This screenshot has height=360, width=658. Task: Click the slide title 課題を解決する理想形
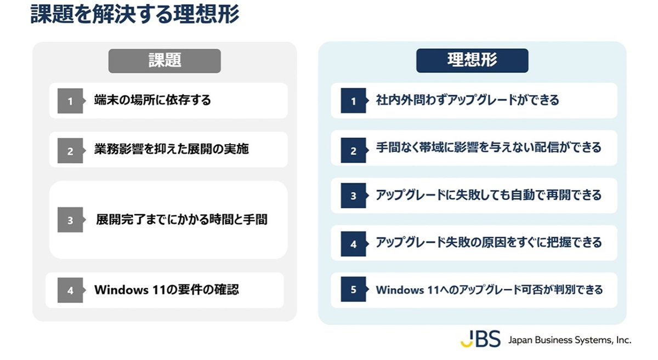[x=135, y=14]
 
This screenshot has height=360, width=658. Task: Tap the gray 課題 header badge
[x=164, y=61]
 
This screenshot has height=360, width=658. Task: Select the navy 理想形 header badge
[x=472, y=60]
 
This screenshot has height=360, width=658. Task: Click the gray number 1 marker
[x=71, y=101]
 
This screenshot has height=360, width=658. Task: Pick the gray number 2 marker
[x=71, y=151]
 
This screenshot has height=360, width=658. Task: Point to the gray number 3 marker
[x=71, y=220]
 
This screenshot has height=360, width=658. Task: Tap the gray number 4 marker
[x=71, y=290]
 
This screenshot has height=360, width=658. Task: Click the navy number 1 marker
[x=355, y=100]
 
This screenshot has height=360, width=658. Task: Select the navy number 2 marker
[x=355, y=150]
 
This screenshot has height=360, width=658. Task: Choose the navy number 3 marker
[x=355, y=195]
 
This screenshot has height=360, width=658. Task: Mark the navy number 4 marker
[x=355, y=244]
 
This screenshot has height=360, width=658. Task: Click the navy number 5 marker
[x=355, y=289]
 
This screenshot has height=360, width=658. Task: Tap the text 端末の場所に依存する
[x=152, y=100]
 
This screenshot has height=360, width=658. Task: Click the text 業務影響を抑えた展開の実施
[x=171, y=149]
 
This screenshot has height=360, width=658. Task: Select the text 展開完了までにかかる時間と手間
[x=181, y=219]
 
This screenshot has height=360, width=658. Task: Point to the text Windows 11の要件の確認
[x=167, y=290]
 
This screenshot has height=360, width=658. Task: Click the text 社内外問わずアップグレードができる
[x=467, y=100]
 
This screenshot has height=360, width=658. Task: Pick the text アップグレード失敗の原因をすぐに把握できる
[x=489, y=243]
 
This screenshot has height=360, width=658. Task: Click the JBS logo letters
[x=480, y=339]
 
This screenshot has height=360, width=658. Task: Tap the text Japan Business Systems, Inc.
[x=570, y=340]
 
